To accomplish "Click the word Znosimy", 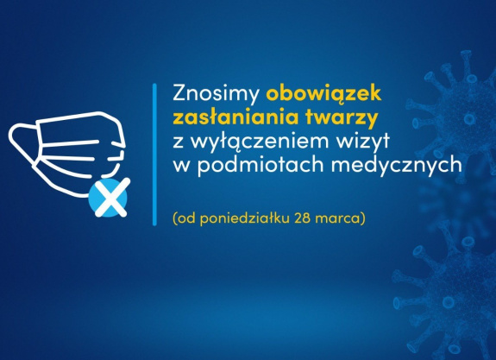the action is click(x=216, y=94).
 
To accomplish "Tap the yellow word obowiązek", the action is click(x=323, y=93).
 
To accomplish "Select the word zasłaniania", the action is click(x=235, y=117).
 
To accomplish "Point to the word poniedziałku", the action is click(x=245, y=218).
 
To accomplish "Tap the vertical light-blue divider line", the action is click(x=154, y=155).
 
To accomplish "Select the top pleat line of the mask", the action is click(x=71, y=143).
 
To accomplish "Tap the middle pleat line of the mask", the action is click(x=68, y=158).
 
